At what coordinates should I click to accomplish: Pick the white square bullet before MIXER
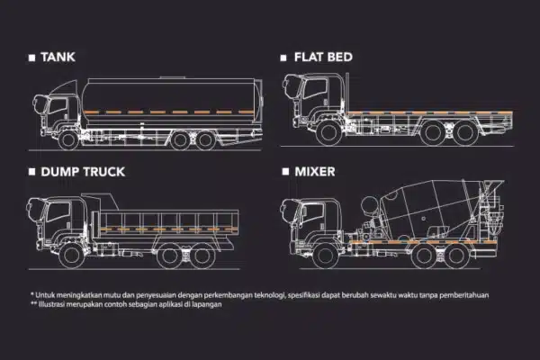pyautogui.click(x=285, y=170)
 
